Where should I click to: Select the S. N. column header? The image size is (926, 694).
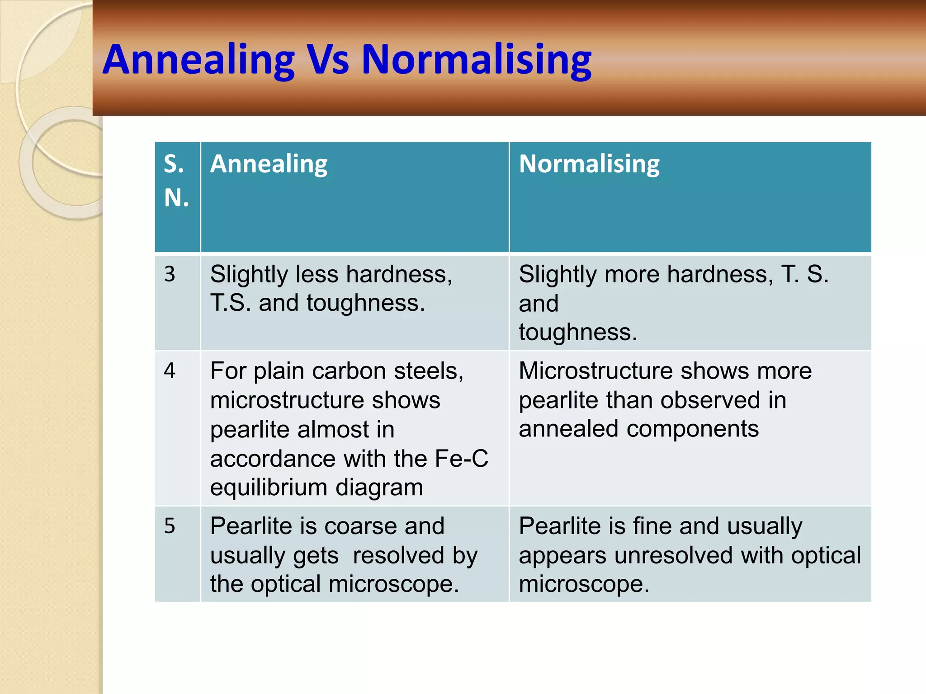[x=176, y=181]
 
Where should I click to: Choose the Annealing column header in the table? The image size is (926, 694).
[x=269, y=164]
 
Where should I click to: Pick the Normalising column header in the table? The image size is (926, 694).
[x=589, y=164]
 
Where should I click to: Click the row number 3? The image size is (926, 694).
[x=170, y=274]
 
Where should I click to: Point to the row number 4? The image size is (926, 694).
[x=170, y=370]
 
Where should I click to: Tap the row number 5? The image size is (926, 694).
[x=170, y=526]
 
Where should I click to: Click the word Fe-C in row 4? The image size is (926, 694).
[x=461, y=459]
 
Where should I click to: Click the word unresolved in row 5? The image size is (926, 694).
[x=673, y=555]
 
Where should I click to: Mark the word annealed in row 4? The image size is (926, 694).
[x=568, y=429]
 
